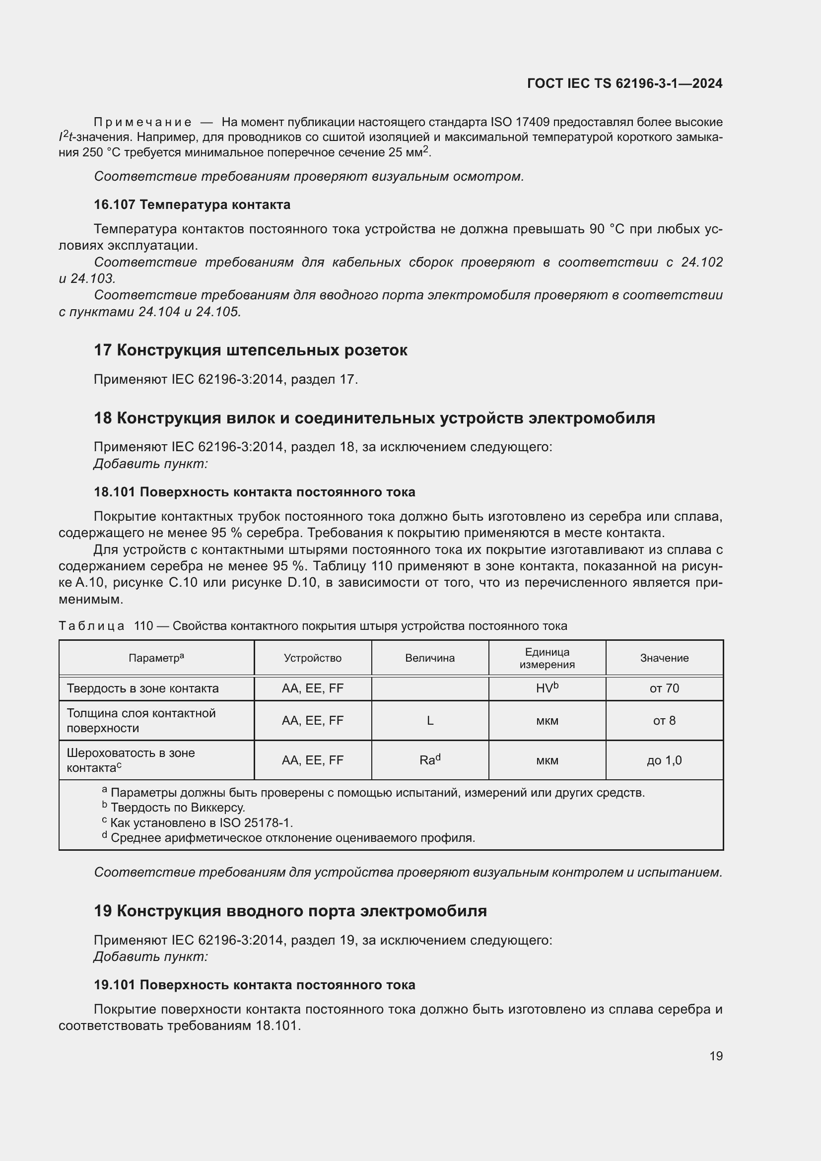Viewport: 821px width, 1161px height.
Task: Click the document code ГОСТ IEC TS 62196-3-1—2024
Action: pos(624,83)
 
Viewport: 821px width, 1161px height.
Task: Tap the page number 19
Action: pos(716,1056)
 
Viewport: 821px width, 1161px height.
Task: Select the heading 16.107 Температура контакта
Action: pos(192,205)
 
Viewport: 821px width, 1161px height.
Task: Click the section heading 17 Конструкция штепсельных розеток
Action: pos(251,350)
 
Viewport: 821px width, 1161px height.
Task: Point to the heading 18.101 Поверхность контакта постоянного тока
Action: pos(254,492)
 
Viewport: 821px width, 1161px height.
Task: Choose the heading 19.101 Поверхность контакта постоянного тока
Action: pos(254,984)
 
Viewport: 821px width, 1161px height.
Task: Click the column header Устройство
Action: pos(312,658)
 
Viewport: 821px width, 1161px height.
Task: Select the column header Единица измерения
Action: pos(547,658)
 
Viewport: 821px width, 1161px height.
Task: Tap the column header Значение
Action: pos(664,658)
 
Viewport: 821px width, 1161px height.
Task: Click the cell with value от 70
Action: pos(664,688)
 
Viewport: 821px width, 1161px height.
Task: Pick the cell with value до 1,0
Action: pos(664,760)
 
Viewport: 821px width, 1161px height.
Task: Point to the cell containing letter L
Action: pos(430,721)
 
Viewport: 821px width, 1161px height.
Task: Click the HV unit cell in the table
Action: pos(547,687)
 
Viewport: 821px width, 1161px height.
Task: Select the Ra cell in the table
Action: pos(430,760)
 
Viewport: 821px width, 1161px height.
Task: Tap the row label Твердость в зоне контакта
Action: pos(142,688)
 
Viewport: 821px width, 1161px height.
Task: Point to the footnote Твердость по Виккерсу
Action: pos(177,808)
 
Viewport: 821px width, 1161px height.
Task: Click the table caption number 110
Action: pos(143,626)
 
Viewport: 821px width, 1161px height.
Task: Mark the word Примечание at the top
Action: pos(142,123)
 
